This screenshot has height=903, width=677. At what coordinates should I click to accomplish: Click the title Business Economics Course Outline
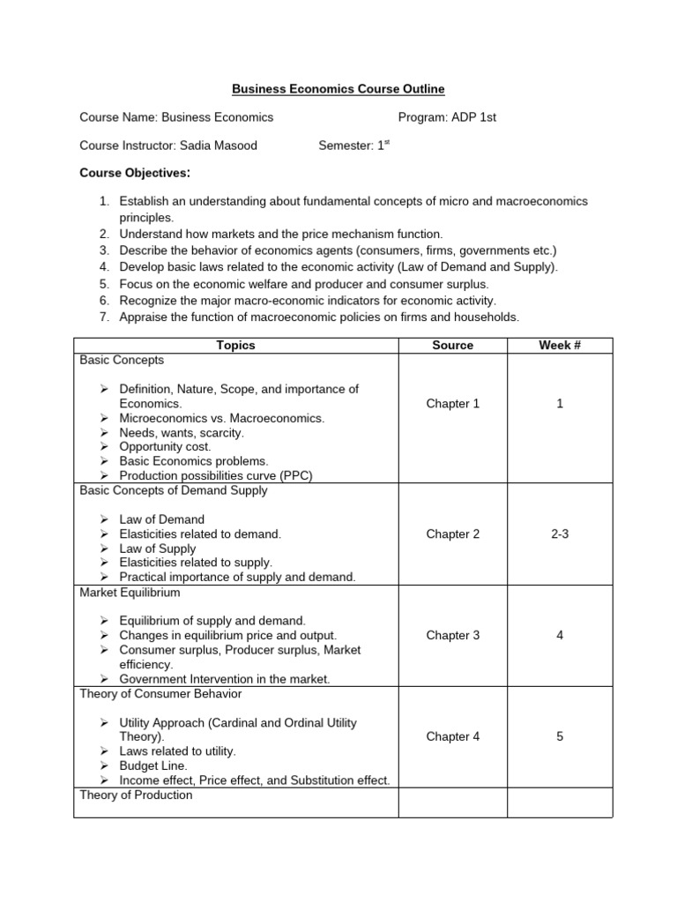(338, 89)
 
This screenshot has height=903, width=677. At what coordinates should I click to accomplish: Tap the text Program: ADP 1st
(447, 117)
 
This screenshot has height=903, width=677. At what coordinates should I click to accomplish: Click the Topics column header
(235, 346)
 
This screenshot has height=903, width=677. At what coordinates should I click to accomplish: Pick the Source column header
(452, 346)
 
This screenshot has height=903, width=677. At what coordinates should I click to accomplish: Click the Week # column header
(559, 346)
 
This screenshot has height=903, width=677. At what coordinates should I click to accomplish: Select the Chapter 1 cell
(452, 404)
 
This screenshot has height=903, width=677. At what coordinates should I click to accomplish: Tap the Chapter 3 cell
(452, 635)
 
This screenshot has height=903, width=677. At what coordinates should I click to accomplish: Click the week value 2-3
(559, 534)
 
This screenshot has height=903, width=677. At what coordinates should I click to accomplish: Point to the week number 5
(559, 736)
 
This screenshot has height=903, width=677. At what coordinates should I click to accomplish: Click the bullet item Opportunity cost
(165, 447)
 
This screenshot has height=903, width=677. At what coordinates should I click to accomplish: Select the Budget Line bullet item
(153, 766)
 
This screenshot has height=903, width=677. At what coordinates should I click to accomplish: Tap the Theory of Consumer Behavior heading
(160, 693)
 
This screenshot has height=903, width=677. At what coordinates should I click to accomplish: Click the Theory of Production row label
(136, 795)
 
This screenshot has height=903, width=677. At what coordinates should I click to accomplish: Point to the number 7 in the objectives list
(103, 317)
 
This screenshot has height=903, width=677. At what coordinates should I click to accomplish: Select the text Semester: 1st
(353, 146)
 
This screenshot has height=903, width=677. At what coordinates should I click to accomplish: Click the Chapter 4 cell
(452, 736)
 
